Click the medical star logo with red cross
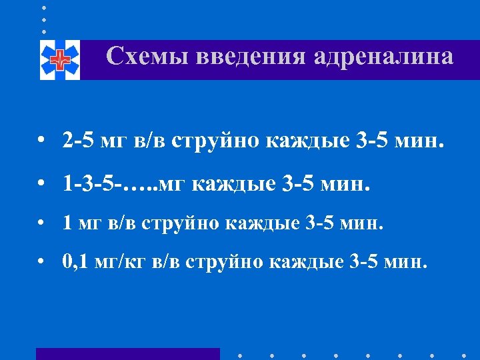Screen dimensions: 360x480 (59, 60)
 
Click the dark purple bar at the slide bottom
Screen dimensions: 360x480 (127, 353)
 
